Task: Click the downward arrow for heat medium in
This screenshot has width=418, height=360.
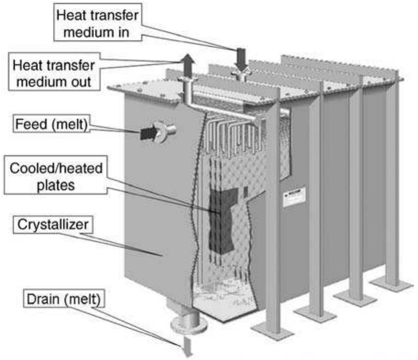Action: [241, 58]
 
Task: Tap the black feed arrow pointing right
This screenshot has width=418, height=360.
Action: [147, 134]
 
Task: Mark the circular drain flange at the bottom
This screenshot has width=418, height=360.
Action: [189, 325]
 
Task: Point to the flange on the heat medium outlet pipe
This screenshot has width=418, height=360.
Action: [188, 81]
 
